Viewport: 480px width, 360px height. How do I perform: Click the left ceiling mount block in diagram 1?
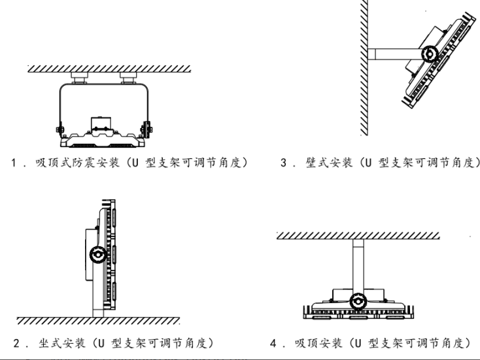[79, 78]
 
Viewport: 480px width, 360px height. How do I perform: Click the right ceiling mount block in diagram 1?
[127, 78]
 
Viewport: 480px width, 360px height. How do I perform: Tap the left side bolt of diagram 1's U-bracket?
[60, 126]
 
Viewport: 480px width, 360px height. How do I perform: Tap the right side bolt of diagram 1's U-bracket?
[147, 126]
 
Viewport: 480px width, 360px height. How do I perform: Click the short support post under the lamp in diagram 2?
[99, 309]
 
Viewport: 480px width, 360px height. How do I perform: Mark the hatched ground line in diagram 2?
[98, 321]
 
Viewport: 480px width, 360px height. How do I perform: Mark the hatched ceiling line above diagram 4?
[357, 234]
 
